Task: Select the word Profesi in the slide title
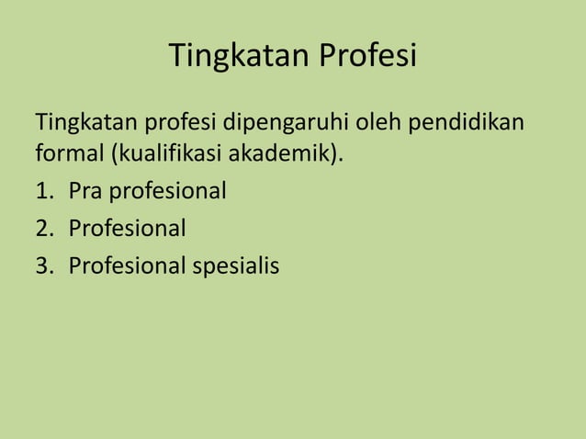pos(368,57)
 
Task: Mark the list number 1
pos(42,193)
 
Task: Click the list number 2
pos(42,228)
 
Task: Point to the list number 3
pos(42,265)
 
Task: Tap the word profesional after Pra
pos(167,193)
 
